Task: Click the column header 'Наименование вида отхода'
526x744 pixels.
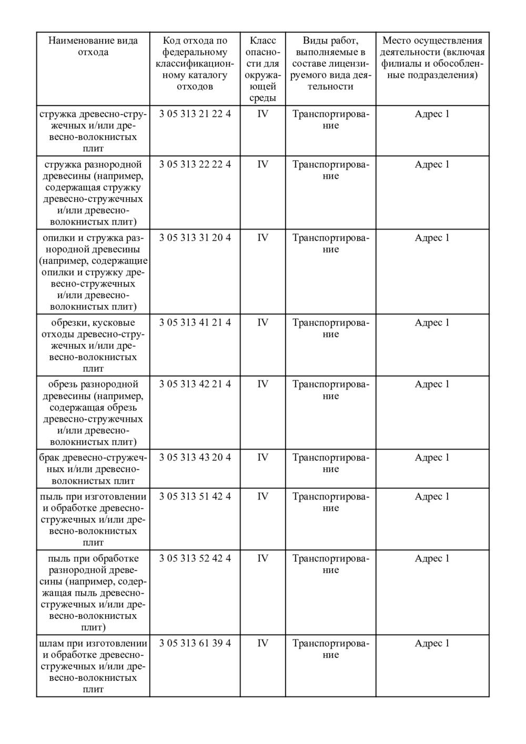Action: (x=93, y=46)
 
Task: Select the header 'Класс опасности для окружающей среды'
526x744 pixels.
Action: (x=262, y=69)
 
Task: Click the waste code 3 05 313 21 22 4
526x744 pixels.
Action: (x=195, y=114)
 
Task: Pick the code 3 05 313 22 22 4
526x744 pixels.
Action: (x=195, y=165)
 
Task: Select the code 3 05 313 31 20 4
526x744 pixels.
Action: (x=195, y=238)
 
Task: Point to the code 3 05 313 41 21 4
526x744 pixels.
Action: (x=195, y=323)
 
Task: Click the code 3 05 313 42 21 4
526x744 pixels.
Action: (x=195, y=384)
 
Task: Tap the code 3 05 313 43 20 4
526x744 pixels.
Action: (x=195, y=457)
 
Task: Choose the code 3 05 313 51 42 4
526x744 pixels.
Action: (x=195, y=496)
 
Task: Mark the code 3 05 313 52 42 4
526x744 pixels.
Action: (x=195, y=558)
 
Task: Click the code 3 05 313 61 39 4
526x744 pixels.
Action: (x=195, y=644)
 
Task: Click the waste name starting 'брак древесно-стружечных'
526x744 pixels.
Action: (x=93, y=469)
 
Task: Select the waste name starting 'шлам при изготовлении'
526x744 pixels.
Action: (x=93, y=666)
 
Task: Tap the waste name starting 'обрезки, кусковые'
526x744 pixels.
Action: (x=93, y=345)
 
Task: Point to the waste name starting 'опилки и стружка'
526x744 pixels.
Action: (x=93, y=272)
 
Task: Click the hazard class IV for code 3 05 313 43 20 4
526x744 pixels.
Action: (x=262, y=457)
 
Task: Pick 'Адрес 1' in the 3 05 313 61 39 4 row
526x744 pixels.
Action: (x=432, y=644)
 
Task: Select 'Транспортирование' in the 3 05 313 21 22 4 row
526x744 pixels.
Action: (x=331, y=120)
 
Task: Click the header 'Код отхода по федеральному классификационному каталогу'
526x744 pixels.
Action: (x=195, y=63)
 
